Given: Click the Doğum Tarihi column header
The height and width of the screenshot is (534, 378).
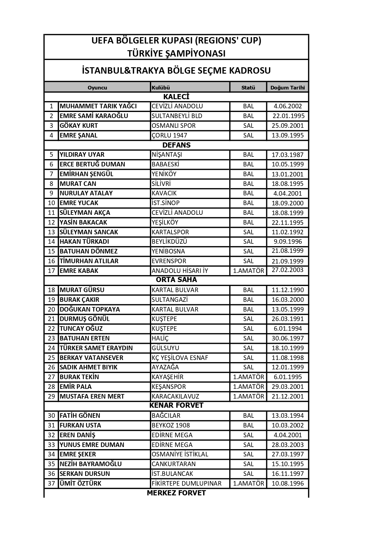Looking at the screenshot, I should click(288, 88).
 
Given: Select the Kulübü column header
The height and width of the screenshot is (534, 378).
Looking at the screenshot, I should click(161, 88).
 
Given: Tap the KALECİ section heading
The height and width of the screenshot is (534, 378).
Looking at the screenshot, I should click(176, 97).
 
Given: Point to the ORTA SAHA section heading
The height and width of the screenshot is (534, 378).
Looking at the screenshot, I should click(176, 280).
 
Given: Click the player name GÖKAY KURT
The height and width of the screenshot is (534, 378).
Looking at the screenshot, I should click(79, 126).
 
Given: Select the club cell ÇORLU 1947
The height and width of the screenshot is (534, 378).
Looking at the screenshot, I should click(169, 135).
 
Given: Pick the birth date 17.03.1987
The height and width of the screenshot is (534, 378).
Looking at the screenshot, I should click(288, 155).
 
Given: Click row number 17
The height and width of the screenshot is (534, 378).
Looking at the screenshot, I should click(51, 271).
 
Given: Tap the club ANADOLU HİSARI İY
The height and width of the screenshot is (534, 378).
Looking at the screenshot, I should click(180, 271).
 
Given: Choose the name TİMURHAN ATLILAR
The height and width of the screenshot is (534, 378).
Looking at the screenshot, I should click(89, 261).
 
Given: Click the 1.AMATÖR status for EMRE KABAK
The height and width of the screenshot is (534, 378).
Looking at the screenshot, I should click(249, 271).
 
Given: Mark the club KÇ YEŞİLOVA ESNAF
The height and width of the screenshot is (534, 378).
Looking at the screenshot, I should click(180, 358).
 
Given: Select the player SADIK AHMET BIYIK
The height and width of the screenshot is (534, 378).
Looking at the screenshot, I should click(89, 367).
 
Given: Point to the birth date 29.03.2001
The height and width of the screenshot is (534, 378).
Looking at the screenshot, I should click(288, 387).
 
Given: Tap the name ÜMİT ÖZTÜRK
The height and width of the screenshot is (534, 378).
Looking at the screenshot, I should click(80, 483).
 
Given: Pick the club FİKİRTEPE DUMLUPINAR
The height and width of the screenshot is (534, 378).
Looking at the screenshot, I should click(186, 483).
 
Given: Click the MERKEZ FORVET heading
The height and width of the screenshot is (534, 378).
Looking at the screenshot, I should click(176, 493).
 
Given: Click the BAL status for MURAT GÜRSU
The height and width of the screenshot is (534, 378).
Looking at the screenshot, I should click(249, 290).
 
